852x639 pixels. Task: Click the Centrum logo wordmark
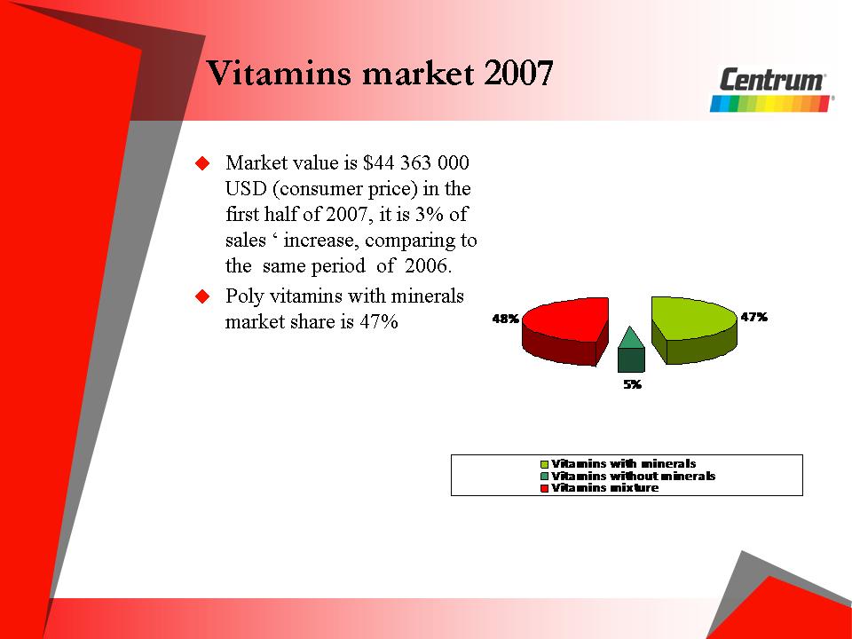772,80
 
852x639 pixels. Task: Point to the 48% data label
505,319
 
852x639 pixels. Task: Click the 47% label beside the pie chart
754,317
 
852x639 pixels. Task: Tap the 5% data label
633,384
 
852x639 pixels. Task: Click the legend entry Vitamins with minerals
619,464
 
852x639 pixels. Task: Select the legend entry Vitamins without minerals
627,476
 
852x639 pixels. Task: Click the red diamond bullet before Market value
202,163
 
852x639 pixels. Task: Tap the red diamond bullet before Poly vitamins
202,296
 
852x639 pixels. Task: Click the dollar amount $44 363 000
415,162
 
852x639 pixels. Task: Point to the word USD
246,188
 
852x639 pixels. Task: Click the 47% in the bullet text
379,321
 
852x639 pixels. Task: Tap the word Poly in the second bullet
245,296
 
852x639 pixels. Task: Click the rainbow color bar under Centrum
770,104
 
